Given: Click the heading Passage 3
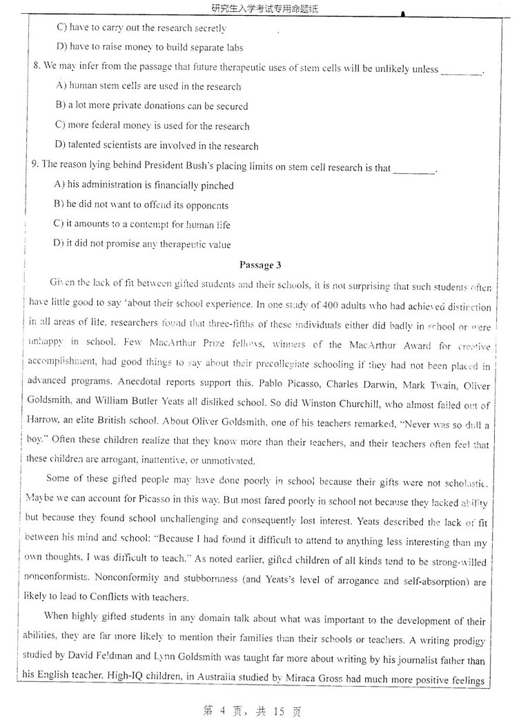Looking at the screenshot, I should coord(259,265).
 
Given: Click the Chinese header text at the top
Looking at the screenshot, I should coord(259,8).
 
